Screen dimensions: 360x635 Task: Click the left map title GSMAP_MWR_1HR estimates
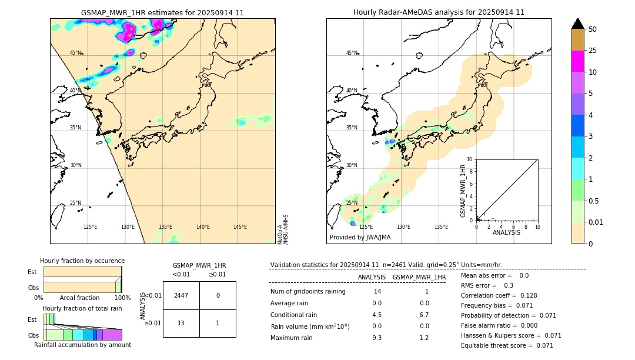tap(162, 12)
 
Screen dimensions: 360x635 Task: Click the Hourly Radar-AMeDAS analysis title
tap(439, 12)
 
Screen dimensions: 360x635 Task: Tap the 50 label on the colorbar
tap(593, 29)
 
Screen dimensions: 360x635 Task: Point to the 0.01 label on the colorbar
tap(596, 222)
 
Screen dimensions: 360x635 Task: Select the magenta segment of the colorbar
tap(577, 61)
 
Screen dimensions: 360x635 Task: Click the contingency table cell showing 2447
tap(181, 295)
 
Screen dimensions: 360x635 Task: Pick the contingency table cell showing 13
tap(181, 323)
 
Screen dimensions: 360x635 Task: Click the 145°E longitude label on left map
tap(240, 227)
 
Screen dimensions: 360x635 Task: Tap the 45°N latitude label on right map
tap(352, 53)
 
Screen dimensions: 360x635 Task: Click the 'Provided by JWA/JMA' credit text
tap(360, 237)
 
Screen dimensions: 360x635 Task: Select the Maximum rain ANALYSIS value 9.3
tap(376, 338)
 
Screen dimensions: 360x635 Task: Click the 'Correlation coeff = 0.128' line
tap(499, 295)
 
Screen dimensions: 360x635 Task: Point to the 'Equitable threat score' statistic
tap(507, 345)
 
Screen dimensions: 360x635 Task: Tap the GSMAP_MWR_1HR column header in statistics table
tap(419, 277)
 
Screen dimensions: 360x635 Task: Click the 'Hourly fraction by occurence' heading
tap(82, 261)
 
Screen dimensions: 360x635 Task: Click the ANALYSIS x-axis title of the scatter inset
tap(506, 232)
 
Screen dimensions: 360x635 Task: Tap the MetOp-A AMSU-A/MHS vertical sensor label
tap(282, 229)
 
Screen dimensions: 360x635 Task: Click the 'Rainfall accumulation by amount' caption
tap(83, 345)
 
